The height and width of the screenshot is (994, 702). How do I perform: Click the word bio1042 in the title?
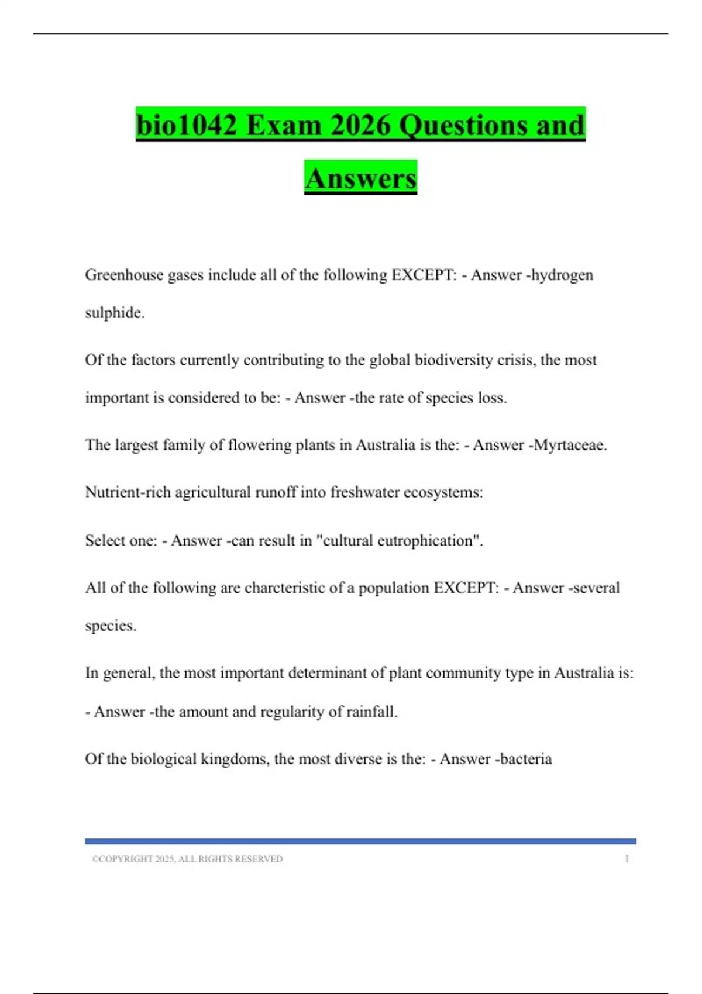click(x=187, y=125)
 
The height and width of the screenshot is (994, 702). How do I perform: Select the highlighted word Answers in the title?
click(x=360, y=178)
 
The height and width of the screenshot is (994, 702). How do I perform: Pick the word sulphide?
click(x=114, y=313)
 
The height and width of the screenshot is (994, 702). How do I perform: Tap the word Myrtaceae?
click(x=570, y=445)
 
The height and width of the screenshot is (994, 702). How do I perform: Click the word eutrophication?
click(x=430, y=540)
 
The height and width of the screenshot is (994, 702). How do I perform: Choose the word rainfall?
click(x=371, y=712)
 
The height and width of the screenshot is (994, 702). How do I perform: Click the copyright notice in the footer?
click(x=187, y=859)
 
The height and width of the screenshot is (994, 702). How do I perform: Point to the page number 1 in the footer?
click(x=627, y=859)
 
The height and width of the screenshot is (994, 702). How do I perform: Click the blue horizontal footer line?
click(x=360, y=841)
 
